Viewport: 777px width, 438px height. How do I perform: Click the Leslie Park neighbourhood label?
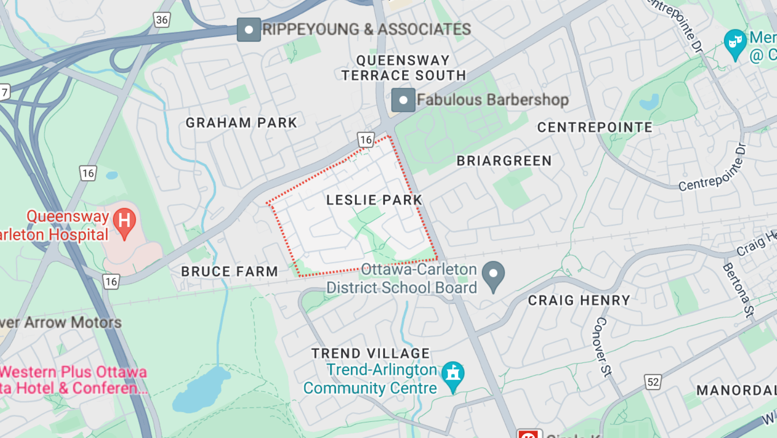pyautogui.click(x=374, y=200)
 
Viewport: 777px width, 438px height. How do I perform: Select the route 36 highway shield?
pyautogui.click(x=162, y=20)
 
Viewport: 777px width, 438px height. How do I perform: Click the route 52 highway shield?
pyautogui.click(x=653, y=382)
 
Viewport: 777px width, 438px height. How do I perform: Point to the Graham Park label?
pyautogui.click(x=241, y=123)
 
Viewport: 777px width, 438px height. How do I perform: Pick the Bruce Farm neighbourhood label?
pyautogui.click(x=230, y=272)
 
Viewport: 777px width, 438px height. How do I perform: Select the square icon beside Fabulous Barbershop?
pyautogui.click(x=403, y=100)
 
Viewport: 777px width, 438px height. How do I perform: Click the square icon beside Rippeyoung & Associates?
pyautogui.click(x=249, y=30)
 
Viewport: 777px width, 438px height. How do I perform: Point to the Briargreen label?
pyautogui.click(x=504, y=161)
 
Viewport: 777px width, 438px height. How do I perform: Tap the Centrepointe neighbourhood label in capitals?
pyautogui.click(x=595, y=128)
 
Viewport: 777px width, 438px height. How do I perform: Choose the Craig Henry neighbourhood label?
pyautogui.click(x=579, y=301)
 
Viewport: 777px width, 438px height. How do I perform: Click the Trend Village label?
pyautogui.click(x=370, y=354)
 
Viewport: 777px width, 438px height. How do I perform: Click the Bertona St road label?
pyautogui.click(x=738, y=290)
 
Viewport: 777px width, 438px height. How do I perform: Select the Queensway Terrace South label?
pyautogui.click(x=404, y=68)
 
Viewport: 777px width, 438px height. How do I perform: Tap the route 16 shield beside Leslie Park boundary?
pyautogui.click(x=366, y=139)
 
